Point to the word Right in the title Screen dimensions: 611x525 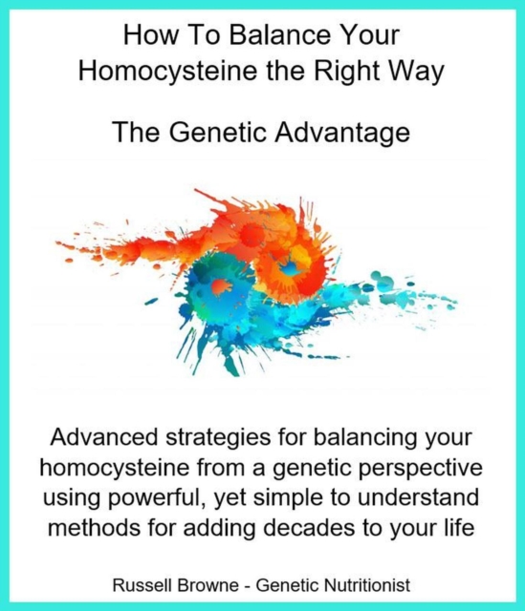pyautogui.click(x=351, y=73)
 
